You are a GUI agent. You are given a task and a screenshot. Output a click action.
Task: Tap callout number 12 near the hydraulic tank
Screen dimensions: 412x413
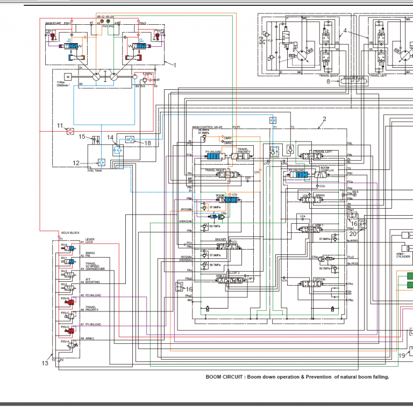76,162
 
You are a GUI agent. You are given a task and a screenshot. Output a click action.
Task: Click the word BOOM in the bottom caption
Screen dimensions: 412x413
214,377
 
